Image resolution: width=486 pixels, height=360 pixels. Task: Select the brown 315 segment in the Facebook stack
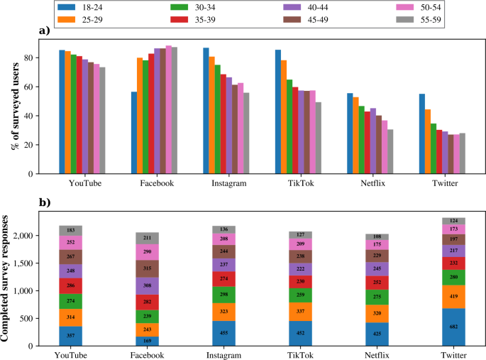148,268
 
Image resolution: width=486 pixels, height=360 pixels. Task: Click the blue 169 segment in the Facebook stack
148,341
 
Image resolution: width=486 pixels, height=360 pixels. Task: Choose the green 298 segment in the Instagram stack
224,295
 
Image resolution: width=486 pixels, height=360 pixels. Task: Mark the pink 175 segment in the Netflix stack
376,244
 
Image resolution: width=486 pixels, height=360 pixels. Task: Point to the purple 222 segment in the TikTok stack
301,269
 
